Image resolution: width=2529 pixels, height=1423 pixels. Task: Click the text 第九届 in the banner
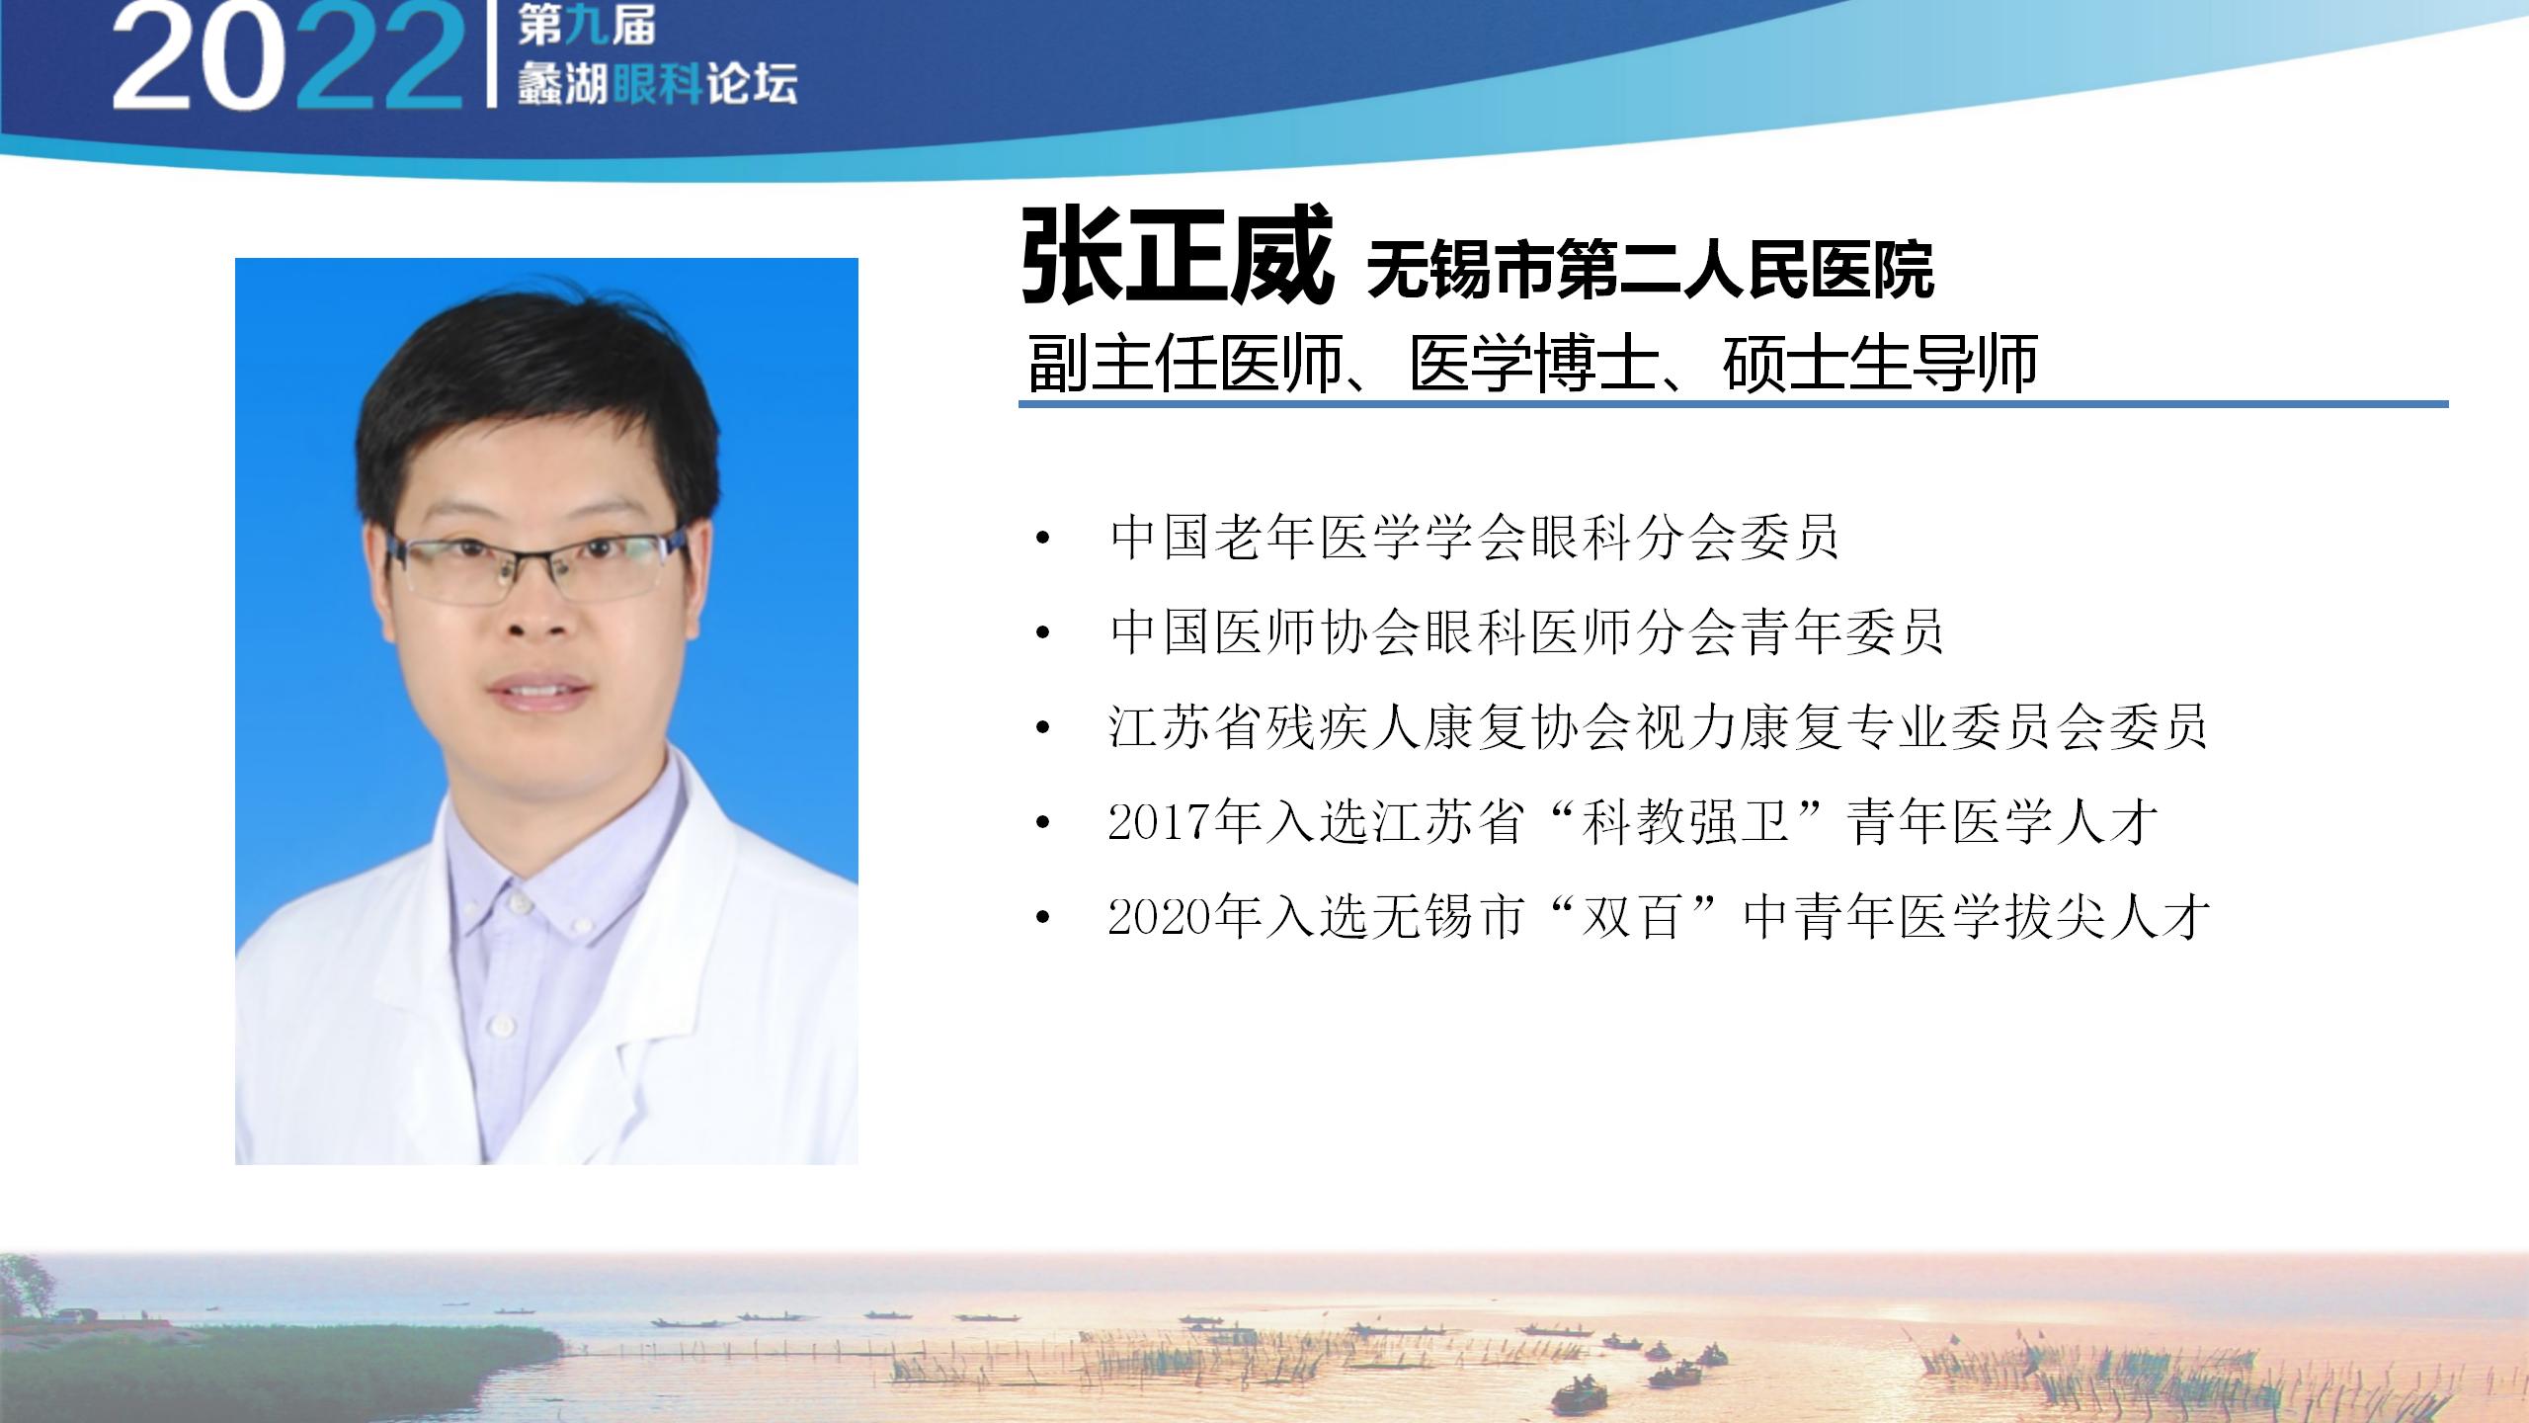[x=586, y=27]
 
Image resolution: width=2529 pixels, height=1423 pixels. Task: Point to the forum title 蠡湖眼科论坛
[x=656, y=85]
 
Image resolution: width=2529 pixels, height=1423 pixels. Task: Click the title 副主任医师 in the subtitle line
[x=1185, y=364]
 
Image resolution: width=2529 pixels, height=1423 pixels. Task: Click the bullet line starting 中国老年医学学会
[x=1474, y=538]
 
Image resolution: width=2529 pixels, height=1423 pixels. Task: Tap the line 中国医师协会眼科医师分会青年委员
[x=1526, y=632]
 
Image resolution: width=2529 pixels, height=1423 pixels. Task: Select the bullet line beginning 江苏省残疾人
[x=1658, y=727]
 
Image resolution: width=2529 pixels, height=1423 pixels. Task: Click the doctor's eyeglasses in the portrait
[x=538, y=567]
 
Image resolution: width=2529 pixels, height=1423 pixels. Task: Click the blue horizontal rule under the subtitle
[x=1734, y=404]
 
